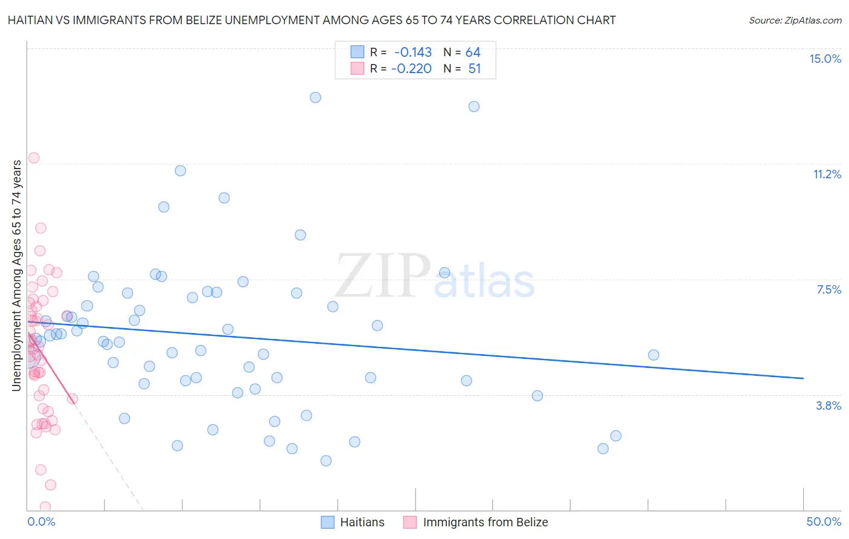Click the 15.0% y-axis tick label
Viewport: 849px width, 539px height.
pos(825,59)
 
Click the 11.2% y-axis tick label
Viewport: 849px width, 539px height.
pos(827,174)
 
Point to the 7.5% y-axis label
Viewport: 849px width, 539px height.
pos(828,289)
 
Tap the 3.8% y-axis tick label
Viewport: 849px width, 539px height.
pos(828,405)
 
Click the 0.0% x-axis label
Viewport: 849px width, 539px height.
pos(41,521)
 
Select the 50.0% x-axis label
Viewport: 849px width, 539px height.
pos(824,521)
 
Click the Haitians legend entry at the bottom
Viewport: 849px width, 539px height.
pos(353,522)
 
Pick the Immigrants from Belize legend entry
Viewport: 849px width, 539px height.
pos(476,522)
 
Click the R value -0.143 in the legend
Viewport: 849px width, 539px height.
pos(412,53)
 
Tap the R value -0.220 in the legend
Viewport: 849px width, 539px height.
pos(411,69)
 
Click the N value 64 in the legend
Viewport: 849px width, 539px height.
pos(473,53)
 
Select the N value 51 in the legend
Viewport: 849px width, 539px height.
pos(475,69)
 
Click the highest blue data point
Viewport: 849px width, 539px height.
pos(315,97)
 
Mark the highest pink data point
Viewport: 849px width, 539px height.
pos(34,158)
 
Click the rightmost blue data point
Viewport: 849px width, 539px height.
pos(653,355)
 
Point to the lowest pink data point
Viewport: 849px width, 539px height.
pos(45,506)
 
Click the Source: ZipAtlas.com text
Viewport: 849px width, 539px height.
pos(795,21)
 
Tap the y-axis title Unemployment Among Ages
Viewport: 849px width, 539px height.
pos(16,276)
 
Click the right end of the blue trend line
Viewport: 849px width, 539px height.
pos(803,378)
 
